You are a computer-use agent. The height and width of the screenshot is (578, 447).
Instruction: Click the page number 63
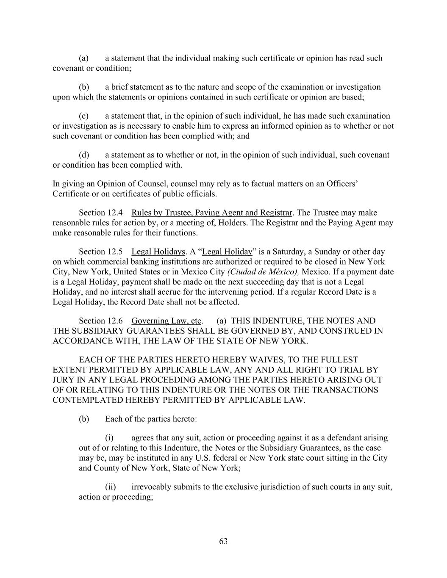coord(223,541)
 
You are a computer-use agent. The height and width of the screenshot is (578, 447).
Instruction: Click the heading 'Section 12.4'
coord(101,213)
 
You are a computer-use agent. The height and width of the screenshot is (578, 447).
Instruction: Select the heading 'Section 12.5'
coord(101,252)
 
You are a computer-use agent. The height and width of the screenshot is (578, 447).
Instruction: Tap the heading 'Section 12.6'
coord(101,321)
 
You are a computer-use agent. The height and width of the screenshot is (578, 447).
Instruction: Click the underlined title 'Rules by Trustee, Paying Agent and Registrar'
coord(212,213)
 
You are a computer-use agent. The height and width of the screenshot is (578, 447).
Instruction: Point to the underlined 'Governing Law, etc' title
coord(167,321)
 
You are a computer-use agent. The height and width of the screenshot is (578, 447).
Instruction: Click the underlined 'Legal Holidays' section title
coord(158,252)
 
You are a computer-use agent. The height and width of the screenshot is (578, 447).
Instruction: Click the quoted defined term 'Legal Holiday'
coord(227,252)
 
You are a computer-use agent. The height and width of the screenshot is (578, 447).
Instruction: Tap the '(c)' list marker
coord(83,116)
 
